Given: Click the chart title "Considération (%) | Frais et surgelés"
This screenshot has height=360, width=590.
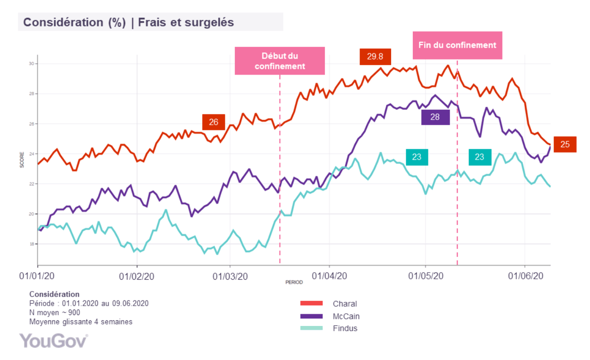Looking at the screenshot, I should tap(128, 22).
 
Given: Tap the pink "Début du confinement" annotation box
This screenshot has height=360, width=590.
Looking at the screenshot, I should tap(280, 61).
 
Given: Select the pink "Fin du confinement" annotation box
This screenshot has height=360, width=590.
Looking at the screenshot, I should tap(457, 45).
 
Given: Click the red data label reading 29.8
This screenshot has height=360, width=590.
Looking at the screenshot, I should tap(375, 56).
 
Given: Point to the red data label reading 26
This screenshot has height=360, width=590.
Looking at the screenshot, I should tap(214, 122).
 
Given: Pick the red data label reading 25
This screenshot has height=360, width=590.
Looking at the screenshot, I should tap(565, 145).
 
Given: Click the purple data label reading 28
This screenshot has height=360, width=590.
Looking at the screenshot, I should tap(435, 117).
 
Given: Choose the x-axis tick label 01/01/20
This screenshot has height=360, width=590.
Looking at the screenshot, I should tap(37, 276).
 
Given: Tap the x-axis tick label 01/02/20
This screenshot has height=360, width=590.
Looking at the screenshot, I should tap(136, 276).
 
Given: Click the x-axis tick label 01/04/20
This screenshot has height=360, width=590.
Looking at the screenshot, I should tap(330, 276).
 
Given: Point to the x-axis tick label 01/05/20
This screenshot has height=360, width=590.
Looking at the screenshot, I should tap(426, 276).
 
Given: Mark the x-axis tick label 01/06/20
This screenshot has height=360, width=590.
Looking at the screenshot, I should tap(525, 276).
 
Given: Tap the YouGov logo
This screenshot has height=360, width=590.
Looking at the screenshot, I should tap(53, 340).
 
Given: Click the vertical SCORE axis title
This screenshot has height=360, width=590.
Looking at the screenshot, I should tap(22, 161).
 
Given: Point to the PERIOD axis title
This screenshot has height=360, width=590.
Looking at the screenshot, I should tap(294, 282).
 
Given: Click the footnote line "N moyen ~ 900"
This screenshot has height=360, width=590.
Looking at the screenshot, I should tap(55, 312).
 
